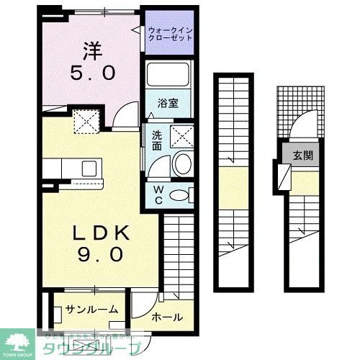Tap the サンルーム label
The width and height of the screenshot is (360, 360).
[91, 310]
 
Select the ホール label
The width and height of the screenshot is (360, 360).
[167, 318]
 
